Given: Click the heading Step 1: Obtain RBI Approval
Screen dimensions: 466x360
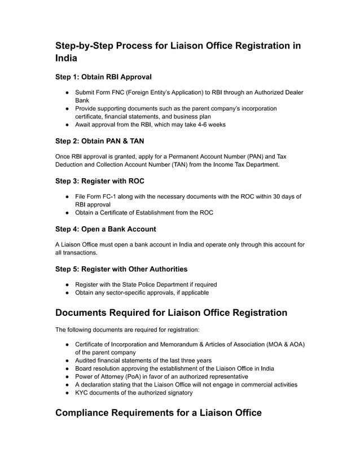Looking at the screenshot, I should coord(103,76).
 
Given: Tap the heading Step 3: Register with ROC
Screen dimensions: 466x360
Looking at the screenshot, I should coord(100,181).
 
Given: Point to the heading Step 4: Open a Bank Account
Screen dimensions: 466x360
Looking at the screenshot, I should coord(106,229).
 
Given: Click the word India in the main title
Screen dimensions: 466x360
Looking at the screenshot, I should coord(66,58).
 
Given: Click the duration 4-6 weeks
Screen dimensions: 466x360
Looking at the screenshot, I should coord(208,125).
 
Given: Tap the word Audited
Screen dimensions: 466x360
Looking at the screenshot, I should coord(87,361).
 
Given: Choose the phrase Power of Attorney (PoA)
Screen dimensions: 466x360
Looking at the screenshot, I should coord(111,376).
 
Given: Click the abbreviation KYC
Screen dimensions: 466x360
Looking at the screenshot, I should coord(83,393).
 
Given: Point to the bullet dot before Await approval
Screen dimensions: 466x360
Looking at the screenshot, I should coord(67,125).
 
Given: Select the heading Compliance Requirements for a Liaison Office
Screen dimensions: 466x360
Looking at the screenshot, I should coord(159,413).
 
